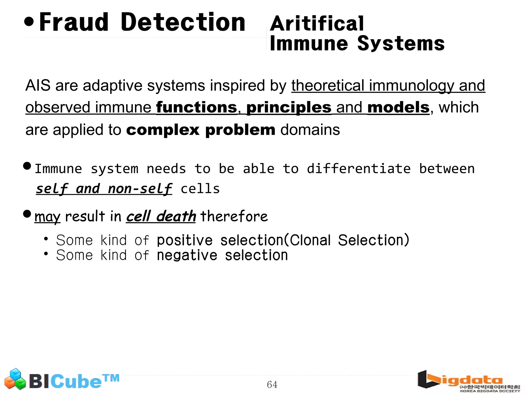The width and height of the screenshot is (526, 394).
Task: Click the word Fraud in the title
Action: [74, 23]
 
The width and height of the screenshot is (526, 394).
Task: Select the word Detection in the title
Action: [183, 23]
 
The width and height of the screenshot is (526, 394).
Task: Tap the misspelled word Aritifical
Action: [317, 24]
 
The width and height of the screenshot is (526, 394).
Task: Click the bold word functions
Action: [197, 107]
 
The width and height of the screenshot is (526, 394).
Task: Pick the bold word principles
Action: [289, 107]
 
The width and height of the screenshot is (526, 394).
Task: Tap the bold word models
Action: [398, 107]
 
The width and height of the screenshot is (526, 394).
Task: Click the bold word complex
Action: [163, 130]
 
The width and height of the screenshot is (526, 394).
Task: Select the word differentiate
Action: [359, 169]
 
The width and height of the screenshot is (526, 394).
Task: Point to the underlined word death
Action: [176, 216]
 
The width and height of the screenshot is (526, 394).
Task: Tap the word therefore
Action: [234, 216]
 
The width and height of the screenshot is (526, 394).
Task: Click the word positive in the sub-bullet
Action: [185, 240]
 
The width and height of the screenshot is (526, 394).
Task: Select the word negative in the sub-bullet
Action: [187, 255]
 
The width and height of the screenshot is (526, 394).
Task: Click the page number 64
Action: [272, 385]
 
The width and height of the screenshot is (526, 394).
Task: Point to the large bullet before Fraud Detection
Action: [29, 22]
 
